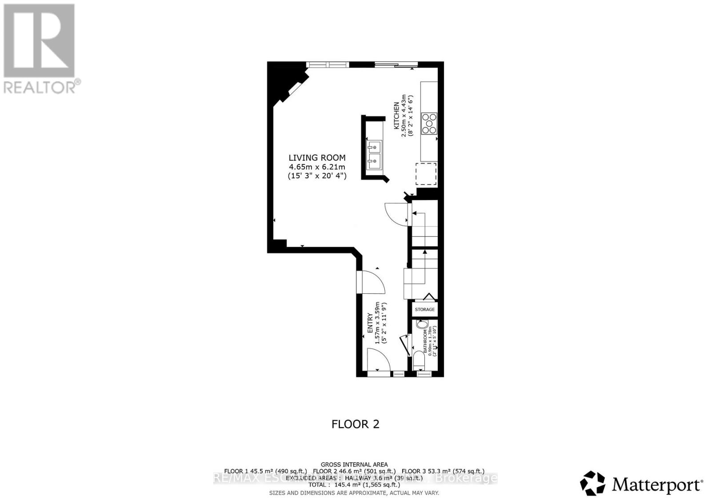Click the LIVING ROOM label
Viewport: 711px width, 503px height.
(x=317, y=158)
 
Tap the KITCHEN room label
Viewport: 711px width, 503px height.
(x=395, y=116)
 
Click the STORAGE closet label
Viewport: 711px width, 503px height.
(x=425, y=309)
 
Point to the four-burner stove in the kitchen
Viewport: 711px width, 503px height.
(x=429, y=123)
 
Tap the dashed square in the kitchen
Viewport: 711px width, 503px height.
(x=426, y=174)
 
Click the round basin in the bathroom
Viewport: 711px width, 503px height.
(x=420, y=324)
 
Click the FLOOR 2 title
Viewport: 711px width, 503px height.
(x=355, y=424)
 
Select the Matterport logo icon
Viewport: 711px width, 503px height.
(x=593, y=483)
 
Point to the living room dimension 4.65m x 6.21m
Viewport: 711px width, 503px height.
(x=317, y=167)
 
